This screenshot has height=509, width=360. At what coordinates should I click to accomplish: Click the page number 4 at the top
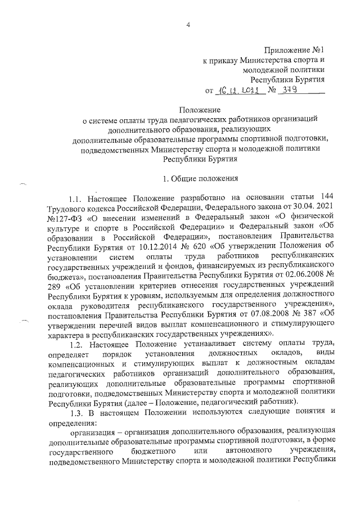coord(188,24)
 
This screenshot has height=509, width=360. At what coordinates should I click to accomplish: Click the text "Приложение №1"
coord(295,51)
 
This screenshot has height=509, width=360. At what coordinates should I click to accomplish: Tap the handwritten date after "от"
coord(240,90)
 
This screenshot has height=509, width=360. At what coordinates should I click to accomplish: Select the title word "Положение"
coord(196,109)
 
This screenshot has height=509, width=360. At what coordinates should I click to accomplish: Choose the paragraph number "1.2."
coord(76,343)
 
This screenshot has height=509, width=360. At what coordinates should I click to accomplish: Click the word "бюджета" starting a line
coord(64,274)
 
